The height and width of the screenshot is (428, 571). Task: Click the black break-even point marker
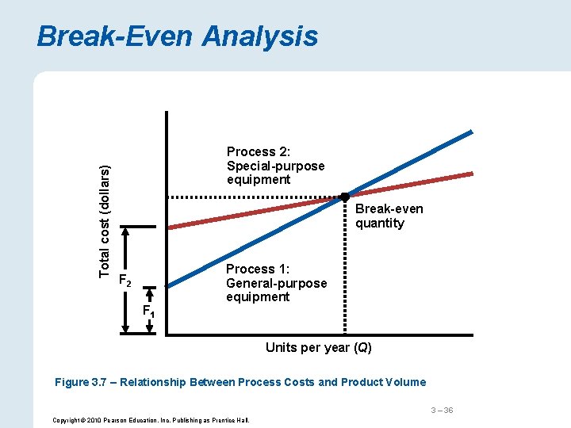[x=345, y=196]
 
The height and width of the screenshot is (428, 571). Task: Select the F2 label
[x=124, y=279]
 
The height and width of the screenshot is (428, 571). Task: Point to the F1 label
[x=148, y=310]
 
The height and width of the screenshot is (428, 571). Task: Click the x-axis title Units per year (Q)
[x=318, y=348]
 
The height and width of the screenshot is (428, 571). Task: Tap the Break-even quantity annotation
[x=389, y=216]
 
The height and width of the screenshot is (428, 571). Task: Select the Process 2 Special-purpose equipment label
[x=275, y=166]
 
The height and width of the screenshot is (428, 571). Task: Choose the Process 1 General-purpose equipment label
[x=276, y=283]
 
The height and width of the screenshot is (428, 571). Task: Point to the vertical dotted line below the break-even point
[x=345, y=269]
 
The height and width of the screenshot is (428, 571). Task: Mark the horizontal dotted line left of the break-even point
[x=254, y=196]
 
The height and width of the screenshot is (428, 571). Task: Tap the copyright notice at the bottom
[x=150, y=419]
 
